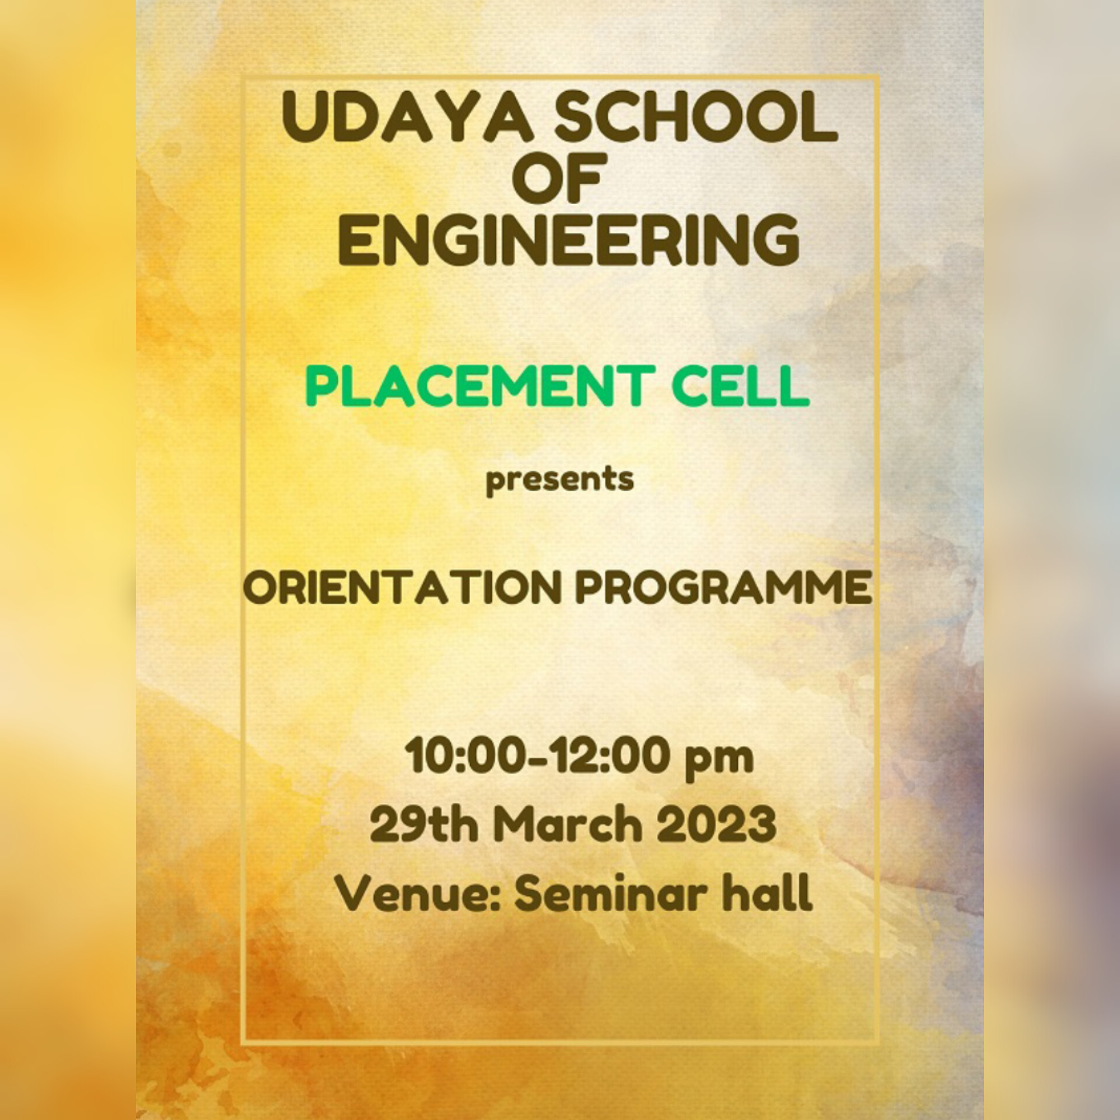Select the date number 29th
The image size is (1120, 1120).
click(x=423, y=825)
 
